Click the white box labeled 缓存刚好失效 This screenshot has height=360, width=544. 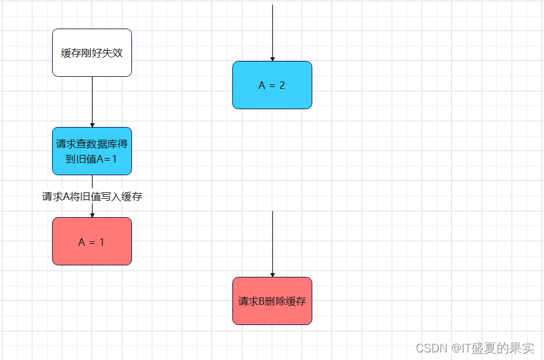tap(92, 53)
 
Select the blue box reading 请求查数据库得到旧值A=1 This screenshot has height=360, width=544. tap(92, 151)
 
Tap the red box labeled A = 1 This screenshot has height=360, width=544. tap(92, 241)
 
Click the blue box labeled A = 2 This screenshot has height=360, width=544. tap(272, 85)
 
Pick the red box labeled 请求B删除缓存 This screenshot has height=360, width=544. tap(272, 301)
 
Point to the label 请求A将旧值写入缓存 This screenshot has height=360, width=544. tap(92, 197)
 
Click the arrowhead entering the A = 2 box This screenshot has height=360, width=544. tap(272, 58)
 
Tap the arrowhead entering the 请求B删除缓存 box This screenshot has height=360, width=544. tap(272, 274)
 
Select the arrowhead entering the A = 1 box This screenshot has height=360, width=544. tap(92, 215)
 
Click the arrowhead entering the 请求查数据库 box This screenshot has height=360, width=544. tap(92, 124)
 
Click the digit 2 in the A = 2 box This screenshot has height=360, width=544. tap(281, 85)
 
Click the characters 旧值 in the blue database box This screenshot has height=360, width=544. tap(86, 159)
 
